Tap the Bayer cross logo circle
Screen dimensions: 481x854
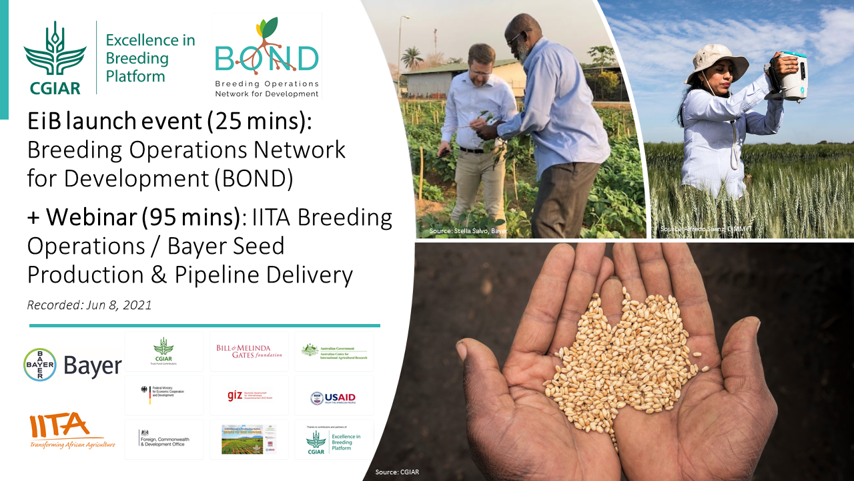40,365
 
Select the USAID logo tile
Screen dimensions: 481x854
334,397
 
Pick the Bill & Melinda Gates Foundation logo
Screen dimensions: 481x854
249,351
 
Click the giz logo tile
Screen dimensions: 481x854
249,395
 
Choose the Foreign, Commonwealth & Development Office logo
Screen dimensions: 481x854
164,438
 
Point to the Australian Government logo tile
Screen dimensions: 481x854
334,351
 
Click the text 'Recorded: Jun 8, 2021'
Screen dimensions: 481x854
89,305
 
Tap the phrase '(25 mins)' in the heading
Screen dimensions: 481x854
258,122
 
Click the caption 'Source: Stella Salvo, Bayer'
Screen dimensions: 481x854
468,231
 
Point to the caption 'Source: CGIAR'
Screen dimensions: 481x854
397,472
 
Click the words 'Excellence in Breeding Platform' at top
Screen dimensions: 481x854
150,58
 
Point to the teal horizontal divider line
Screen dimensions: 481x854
204,326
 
